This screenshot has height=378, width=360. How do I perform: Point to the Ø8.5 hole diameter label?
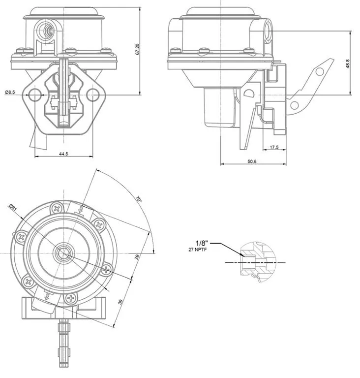(x=11, y=92)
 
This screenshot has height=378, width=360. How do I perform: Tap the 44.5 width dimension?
(x=63, y=154)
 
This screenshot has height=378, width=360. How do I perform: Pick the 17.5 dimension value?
(x=274, y=147)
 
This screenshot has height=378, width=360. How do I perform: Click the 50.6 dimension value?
(x=252, y=160)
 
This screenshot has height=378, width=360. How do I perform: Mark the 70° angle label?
(x=139, y=199)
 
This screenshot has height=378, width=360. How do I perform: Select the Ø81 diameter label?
(x=13, y=209)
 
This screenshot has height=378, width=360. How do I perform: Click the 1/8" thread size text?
(x=202, y=243)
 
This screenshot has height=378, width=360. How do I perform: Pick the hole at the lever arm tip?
(x=320, y=72)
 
